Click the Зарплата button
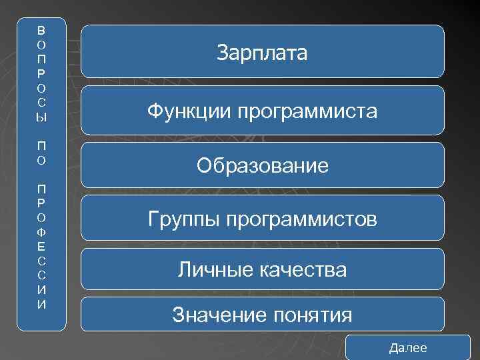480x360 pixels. tap(262, 52)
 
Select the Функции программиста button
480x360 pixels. tap(262, 111)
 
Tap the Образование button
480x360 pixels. tap(262, 165)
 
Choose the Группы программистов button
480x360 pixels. tap(262, 218)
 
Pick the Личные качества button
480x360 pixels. tap(262, 269)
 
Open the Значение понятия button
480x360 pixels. tap(262, 314)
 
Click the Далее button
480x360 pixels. tap(408, 348)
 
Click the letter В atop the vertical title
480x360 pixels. tap(41, 30)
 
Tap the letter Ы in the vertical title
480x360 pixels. tap(41, 117)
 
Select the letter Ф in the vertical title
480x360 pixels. tap(41, 232)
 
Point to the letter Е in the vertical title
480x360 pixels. tap(41, 246)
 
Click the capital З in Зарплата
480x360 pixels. tap(223, 53)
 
